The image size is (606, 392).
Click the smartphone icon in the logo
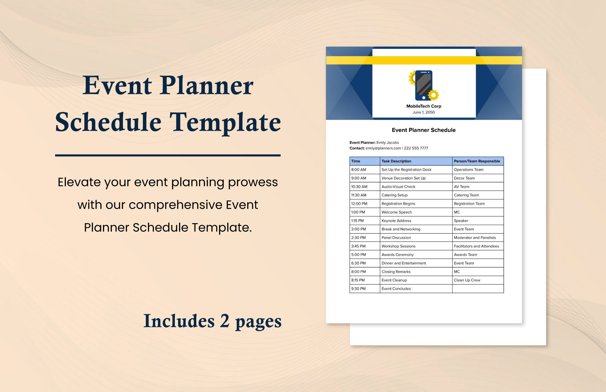[x=424, y=85]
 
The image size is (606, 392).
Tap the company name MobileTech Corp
[x=424, y=106]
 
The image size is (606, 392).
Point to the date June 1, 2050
[x=424, y=112]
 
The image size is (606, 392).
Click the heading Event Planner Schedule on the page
[x=424, y=130]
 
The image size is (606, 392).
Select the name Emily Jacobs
[x=387, y=143]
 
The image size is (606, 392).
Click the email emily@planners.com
[x=383, y=148]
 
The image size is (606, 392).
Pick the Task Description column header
[x=396, y=161]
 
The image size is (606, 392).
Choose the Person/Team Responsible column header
[x=477, y=161]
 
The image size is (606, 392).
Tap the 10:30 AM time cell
[x=359, y=187]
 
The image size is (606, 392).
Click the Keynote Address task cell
[x=396, y=221]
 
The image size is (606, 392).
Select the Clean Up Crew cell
[x=467, y=280]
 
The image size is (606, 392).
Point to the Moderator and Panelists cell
[x=475, y=238]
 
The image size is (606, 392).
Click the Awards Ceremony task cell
[x=397, y=255]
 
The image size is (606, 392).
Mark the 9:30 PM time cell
[x=358, y=289]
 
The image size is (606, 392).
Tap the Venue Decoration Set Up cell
[x=404, y=178]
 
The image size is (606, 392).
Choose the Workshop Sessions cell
[x=398, y=246]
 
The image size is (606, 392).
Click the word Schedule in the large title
[x=108, y=122]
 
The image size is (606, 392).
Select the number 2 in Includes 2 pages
[x=224, y=321]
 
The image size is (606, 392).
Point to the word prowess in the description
[x=253, y=182]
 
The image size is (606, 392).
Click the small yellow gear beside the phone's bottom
[x=433, y=95]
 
